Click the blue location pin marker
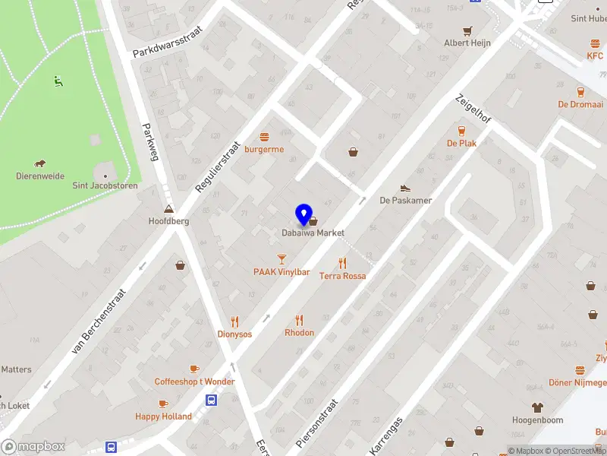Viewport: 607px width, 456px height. [303, 215]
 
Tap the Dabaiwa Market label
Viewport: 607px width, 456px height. [313, 233]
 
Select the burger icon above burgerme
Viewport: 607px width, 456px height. [264, 138]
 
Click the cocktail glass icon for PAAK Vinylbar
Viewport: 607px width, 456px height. [281, 260]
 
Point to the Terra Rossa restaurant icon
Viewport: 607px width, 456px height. [342, 264]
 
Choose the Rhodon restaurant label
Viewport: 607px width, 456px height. [299, 333]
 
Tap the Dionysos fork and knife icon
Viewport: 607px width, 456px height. [234, 321]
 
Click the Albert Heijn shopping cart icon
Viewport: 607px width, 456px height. [467, 31]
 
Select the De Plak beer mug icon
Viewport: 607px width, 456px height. [461, 131]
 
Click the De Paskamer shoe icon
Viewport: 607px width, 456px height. [405, 188]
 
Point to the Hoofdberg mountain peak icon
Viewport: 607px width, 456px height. [168, 210]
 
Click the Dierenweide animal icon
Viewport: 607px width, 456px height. [39, 163]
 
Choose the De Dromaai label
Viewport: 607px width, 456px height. [580, 104]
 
